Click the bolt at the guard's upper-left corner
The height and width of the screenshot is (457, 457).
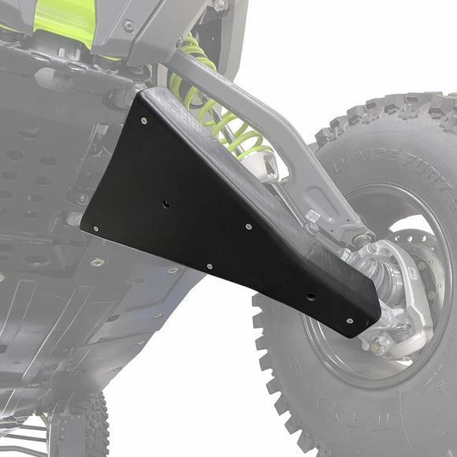pyautogui.click(x=143, y=121)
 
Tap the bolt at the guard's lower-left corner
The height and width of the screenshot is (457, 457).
pyautogui.click(x=96, y=229)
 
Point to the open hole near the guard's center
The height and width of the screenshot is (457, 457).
pyautogui.click(x=166, y=203)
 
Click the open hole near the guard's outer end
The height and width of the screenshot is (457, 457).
pyautogui.click(x=310, y=297)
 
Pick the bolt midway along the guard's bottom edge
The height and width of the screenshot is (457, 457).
pyautogui.click(x=209, y=266)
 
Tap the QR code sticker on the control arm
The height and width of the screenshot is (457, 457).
pyautogui.click(x=312, y=215)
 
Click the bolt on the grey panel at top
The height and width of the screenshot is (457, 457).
pyautogui.click(x=128, y=26)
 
